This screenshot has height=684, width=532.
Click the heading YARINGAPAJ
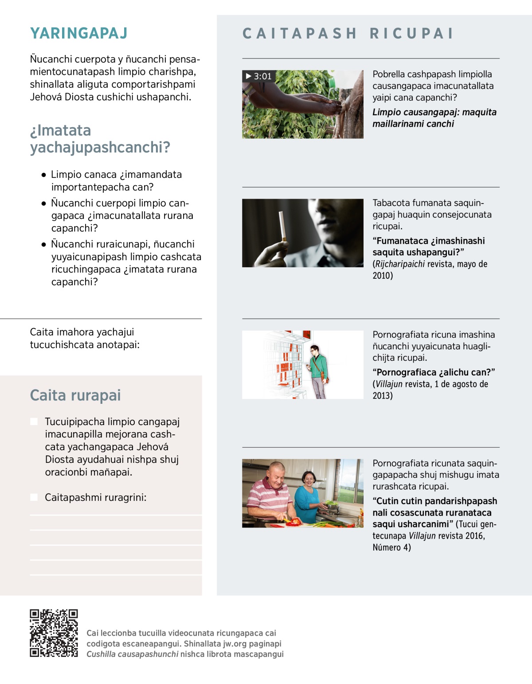[79, 33]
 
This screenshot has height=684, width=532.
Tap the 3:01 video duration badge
[258, 76]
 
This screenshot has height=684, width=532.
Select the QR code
[54, 633]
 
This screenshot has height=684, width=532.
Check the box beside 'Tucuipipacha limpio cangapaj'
[34, 421]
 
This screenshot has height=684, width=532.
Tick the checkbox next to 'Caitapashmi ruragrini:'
[34, 497]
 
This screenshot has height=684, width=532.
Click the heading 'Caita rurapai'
[75, 395]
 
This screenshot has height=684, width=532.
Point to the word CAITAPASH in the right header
[300, 34]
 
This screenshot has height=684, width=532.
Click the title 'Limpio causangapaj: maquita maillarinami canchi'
[434, 118]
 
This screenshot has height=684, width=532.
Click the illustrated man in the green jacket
[318, 371]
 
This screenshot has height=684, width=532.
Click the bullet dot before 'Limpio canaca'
[43, 175]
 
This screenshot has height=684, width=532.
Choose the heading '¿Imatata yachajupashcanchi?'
[100, 139]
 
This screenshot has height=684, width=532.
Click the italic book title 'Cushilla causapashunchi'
[132, 654]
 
